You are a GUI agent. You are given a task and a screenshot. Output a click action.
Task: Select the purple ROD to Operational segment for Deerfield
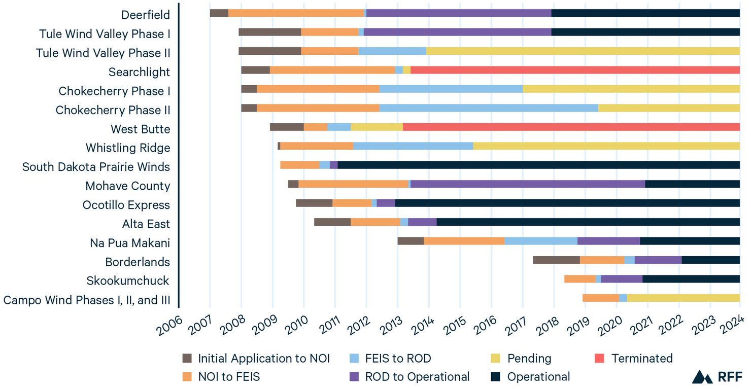[x=459, y=13]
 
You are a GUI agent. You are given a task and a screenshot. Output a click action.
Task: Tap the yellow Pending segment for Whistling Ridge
[x=606, y=146]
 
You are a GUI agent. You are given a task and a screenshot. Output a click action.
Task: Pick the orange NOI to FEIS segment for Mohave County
[x=353, y=184]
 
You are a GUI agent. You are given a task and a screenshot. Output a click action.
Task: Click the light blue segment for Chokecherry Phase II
[x=489, y=108]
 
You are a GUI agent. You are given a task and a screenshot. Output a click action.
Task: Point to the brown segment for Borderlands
[x=556, y=260]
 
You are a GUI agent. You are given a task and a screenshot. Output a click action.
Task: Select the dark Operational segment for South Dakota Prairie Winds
[x=538, y=165]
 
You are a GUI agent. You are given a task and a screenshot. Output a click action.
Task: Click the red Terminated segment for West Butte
[x=571, y=127]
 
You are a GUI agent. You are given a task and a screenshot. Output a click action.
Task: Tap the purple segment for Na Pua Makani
[x=608, y=241]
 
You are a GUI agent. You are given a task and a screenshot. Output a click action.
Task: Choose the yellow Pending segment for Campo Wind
[x=683, y=298]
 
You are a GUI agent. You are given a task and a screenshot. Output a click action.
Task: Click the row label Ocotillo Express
[x=126, y=205]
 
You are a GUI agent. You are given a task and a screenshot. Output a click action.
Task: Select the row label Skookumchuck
[x=128, y=281]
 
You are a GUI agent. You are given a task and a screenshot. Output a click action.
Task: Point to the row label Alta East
[x=146, y=224]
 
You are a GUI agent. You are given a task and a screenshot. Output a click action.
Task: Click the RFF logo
[x=717, y=377]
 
